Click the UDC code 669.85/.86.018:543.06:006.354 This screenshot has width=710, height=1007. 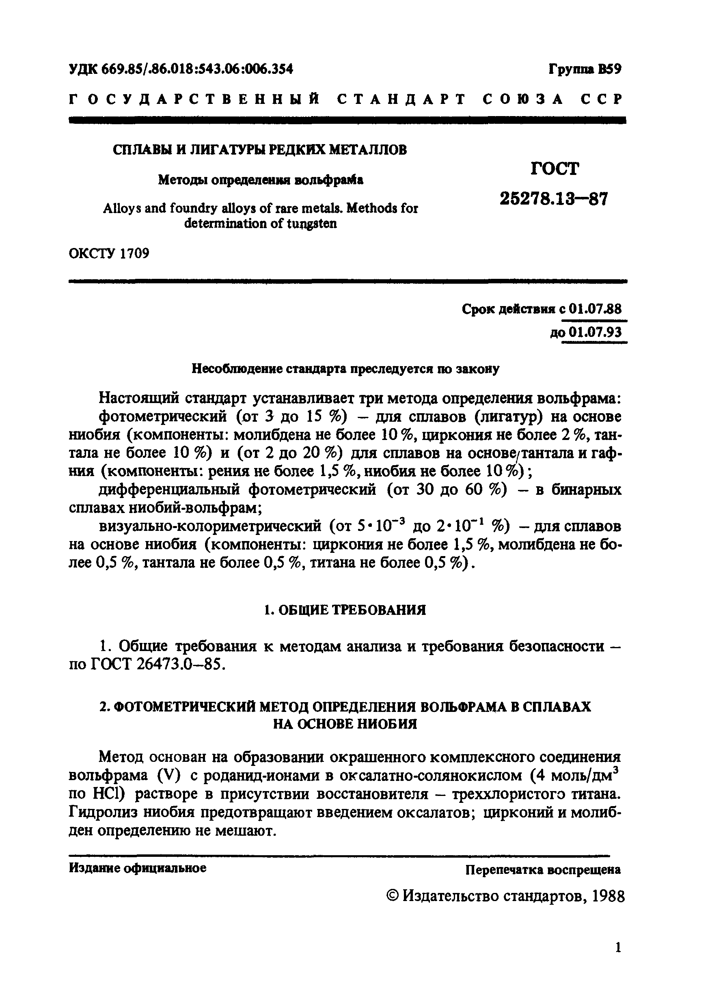point(197,69)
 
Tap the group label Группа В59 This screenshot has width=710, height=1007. point(585,69)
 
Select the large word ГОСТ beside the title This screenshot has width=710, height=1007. point(555,169)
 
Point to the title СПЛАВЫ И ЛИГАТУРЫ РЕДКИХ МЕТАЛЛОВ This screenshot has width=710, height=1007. point(260,150)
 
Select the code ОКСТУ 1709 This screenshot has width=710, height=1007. point(109,254)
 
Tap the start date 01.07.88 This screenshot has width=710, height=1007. point(595,309)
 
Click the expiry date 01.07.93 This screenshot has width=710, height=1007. point(595,332)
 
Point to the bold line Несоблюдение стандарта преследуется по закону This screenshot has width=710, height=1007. point(345,369)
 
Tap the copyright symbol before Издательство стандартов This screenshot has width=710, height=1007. point(393,896)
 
